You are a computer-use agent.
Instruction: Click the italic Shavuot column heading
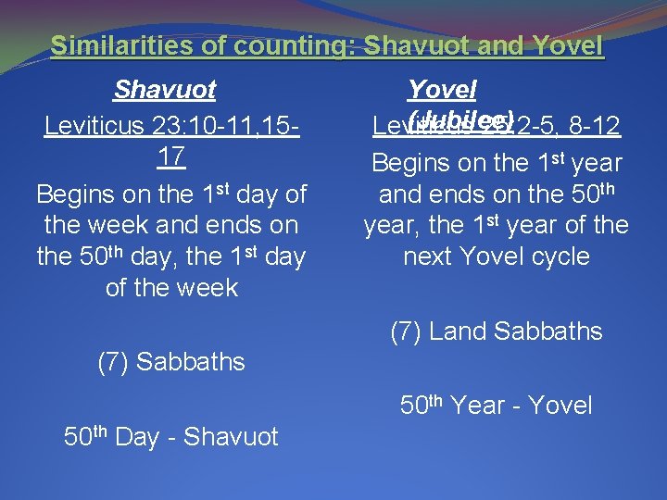[165, 91]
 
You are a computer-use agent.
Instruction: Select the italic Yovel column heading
[442, 90]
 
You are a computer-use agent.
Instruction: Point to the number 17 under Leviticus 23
[170, 156]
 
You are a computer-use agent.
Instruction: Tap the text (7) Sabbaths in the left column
[171, 362]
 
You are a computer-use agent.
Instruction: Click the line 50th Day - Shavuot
[170, 437]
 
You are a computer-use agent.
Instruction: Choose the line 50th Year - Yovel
[496, 406]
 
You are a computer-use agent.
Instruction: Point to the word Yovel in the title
[567, 45]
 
